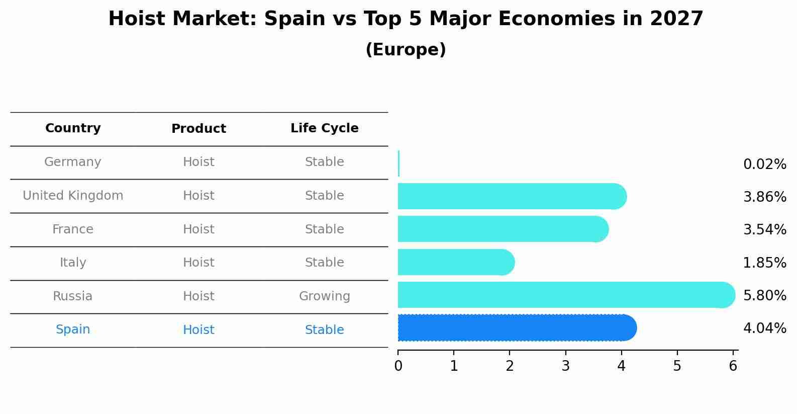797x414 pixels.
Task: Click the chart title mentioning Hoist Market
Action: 406,19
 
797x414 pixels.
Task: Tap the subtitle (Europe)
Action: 406,50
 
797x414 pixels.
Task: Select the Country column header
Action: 73,128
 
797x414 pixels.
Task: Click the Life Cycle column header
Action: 324,128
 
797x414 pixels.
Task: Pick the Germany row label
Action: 73,162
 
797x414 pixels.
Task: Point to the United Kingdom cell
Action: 73,196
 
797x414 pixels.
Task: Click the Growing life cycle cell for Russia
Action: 324,296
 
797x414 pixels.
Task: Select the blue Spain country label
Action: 73,329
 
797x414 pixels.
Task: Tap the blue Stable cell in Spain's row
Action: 324,330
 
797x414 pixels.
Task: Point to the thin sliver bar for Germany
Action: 398,163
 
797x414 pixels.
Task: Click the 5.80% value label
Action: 764,295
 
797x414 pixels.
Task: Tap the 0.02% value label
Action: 764,164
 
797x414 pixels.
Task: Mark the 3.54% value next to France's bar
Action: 764,230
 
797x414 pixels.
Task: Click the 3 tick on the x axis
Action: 565,366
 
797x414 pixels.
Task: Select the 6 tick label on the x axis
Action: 733,366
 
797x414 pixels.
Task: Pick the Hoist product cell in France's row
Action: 198,229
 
